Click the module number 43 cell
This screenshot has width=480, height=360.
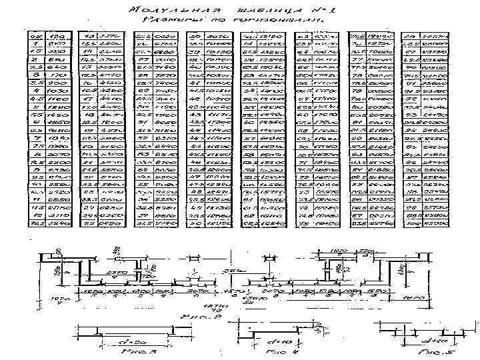pyautogui.click(x=196, y=116)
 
